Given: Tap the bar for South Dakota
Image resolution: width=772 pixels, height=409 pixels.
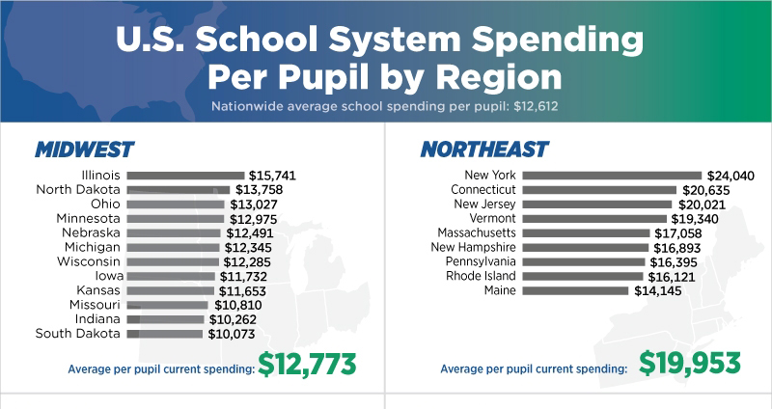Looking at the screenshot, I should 164,334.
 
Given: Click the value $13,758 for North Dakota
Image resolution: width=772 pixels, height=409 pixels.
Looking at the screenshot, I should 259,190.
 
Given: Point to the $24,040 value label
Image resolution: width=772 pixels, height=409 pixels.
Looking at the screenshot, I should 730,176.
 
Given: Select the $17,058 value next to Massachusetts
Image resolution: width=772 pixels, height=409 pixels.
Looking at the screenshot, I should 677,233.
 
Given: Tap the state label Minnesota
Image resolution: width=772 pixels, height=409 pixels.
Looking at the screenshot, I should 88,219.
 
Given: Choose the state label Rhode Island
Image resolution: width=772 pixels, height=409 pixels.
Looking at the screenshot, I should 481,276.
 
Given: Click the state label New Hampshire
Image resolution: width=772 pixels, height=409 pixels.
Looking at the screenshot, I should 474,247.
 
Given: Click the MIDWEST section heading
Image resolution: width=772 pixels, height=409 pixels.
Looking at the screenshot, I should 84,150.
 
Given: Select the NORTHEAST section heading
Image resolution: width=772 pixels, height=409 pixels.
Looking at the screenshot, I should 484,150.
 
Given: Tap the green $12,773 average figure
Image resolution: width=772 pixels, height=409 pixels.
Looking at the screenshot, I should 308,365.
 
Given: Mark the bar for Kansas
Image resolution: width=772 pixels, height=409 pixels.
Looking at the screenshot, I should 170,290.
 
